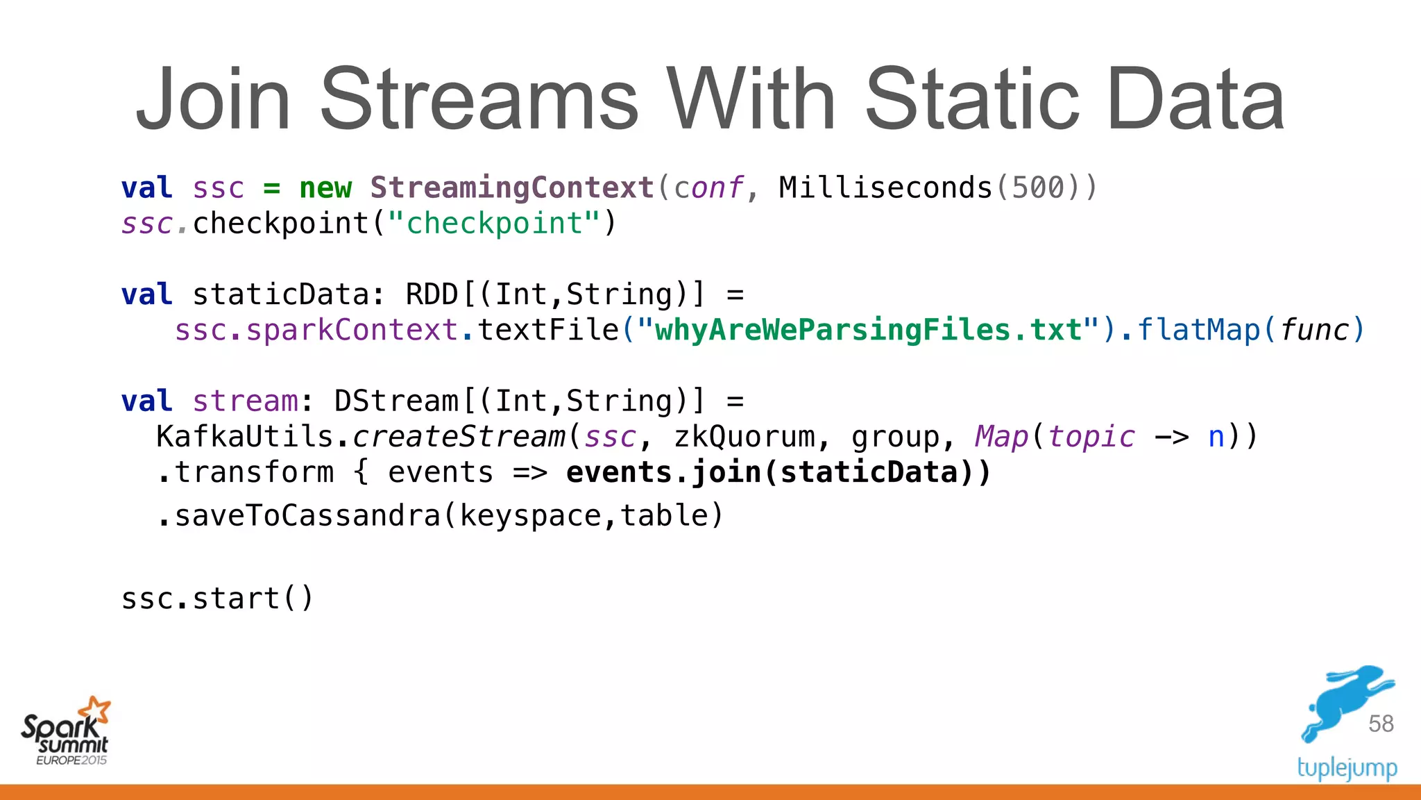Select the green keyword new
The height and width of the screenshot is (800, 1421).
[x=325, y=187]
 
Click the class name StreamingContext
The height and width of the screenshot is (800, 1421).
[x=512, y=187]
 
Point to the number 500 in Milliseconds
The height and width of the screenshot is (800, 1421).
[x=1037, y=187]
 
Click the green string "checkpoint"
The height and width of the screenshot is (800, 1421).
[x=494, y=224]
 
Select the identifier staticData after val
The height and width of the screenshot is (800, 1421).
[x=281, y=294]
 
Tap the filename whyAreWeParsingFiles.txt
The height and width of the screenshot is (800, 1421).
[x=868, y=330]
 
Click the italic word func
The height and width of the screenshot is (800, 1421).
[x=1313, y=330]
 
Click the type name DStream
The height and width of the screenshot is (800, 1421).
[x=396, y=401]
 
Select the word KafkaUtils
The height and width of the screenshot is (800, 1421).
[x=245, y=437]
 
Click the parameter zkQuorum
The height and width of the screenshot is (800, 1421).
[x=744, y=437]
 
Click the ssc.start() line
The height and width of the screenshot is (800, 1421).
[x=217, y=599]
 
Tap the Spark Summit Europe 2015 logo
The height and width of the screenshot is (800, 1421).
[x=66, y=732]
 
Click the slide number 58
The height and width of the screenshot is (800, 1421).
[x=1381, y=724]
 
